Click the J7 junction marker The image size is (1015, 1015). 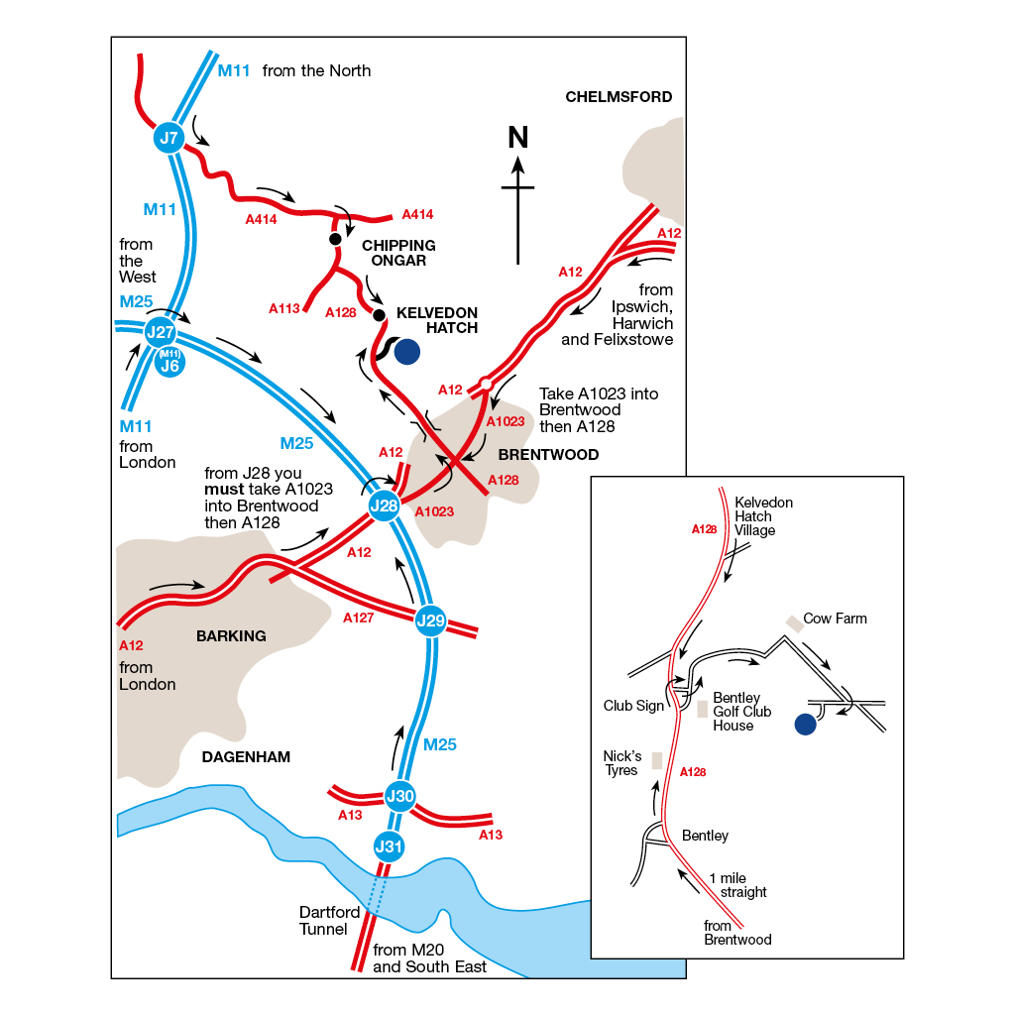(x=169, y=137)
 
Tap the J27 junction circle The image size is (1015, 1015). (x=161, y=332)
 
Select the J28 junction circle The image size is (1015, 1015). (x=384, y=507)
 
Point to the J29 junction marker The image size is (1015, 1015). (x=431, y=621)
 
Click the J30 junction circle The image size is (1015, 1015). (x=399, y=795)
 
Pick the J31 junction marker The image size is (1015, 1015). (x=390, y=846)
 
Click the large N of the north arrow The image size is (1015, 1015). (x=517, y=138)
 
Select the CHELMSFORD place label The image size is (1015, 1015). (x=619, y=97)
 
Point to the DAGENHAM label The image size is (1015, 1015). (x=246, y=757)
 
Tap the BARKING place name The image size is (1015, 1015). (x=231, y=636)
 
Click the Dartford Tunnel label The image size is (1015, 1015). (x=323, y=921)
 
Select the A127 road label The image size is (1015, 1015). (x=358, y=618)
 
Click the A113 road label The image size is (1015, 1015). (x=283, y=309)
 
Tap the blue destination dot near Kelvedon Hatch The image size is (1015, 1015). (x=406, y=351)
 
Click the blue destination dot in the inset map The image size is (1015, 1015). (x=805, y=726)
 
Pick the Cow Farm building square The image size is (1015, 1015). (x=794, y=623)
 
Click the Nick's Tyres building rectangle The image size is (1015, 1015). (x=657, y=761)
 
